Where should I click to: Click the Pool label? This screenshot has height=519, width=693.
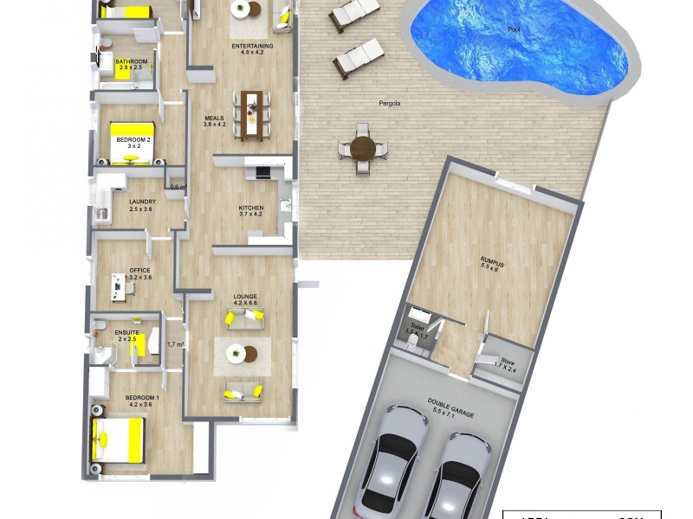click(x=515, y=30)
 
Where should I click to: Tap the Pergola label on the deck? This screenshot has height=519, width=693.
click(x=390, y=104)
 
